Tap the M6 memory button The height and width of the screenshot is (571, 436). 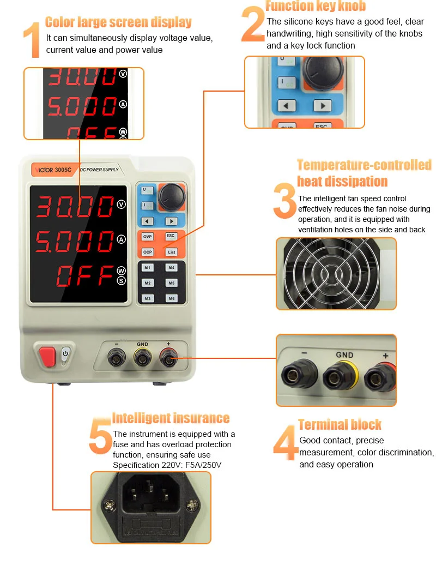pyautogui.click(x=171, y=298)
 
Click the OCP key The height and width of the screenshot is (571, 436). pyautogui.click(x=148, y=252)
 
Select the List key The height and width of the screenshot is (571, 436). pyautogui.click(x=171, y=252)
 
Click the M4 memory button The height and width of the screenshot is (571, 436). pyautogui.click(x=171, y=268)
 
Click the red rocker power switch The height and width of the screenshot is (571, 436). pyautogui.click(x=47, y=356)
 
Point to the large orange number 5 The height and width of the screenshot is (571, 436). pyautogui.click(x=100, y=436)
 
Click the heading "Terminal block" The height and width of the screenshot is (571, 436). pyautogui.click(x=340, y=424)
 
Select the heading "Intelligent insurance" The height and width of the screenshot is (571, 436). pyautogui.click(x=171, y=418)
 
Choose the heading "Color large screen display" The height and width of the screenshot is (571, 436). pyautogui.click(x=118, y=22)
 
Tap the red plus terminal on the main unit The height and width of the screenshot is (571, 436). pyautogui.click(x=168, y=358)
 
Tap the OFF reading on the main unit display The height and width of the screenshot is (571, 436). pyautogui.click(x=84, y=277)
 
